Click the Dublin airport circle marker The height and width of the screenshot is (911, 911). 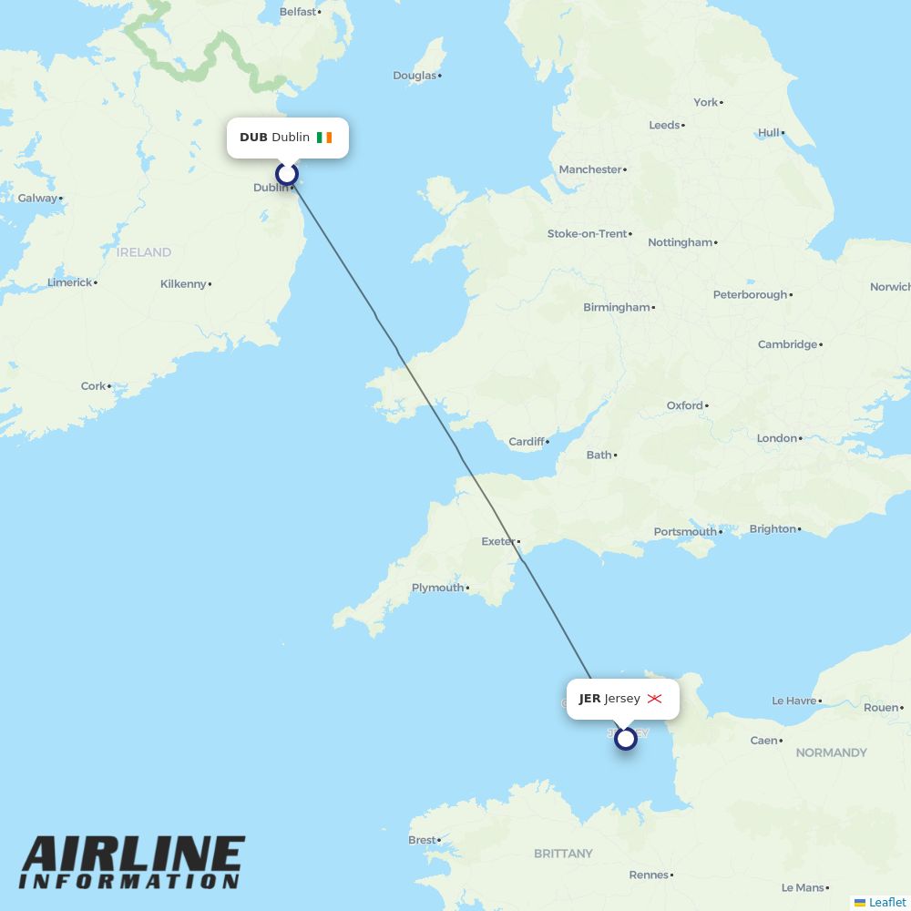pos(287,174)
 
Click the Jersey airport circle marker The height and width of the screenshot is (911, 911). pos(625,738)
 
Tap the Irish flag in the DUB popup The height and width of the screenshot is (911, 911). pos(324,138)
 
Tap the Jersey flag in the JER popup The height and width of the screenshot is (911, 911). pos(654,699)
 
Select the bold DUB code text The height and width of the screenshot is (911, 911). pos(253,138)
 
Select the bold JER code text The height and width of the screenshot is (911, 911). pos(589,699)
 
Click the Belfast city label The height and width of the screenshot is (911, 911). pos(298,12)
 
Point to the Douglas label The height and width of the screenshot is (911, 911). pos(415,76)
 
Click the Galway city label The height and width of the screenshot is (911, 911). pos(37,198)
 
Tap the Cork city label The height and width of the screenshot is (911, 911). pos(93,386)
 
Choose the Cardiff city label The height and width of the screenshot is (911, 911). pos(527,442)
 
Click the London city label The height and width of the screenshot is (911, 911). pos(776,438)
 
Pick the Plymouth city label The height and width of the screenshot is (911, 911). pos(437,588)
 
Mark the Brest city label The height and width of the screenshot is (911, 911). pos(422,840)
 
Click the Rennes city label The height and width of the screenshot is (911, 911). pos(649,875)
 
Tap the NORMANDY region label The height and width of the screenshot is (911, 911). pos(831,752)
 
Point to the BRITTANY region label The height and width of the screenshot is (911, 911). pos(563,854)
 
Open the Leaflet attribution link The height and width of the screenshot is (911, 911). pos(886,902)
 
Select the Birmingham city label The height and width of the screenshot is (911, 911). pos(617,307)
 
